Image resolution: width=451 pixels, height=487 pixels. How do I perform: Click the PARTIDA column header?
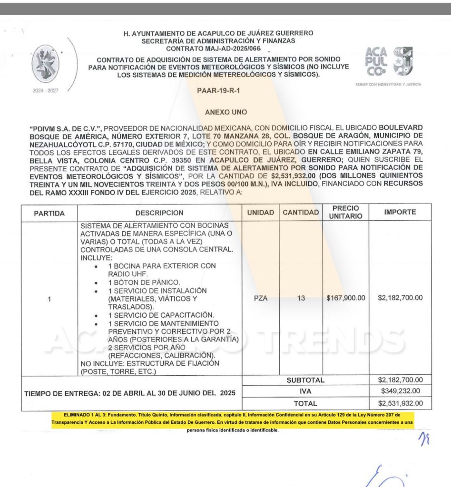pyautogui.click(x=49, y=213)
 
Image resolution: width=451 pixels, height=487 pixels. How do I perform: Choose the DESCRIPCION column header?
pyautogui.click(x=159, y=213)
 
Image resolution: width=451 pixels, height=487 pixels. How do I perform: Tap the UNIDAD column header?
pyautogui.click(x=260, y=213)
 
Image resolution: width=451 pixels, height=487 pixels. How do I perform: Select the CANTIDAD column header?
pyautogui.click(x=301, y=213)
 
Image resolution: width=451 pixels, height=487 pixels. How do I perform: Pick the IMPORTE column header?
pyautogui.click(x=400, y=212)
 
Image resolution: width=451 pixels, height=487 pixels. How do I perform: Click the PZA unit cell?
pyautogui.click(x=261, y=299)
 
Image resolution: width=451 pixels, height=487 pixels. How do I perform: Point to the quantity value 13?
pyautogui.click(x=301, y=299)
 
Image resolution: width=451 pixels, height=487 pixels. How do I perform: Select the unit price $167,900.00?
pyautogui.click(x=346, y=299)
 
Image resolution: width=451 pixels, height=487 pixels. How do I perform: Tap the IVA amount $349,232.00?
pyautogui.click(x=400, y=391)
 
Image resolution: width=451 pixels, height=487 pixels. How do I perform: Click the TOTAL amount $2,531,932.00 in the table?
pyautogui.click(x=400, y=404)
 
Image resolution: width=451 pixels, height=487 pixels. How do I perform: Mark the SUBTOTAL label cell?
pyautogui.click(x=305, y=380)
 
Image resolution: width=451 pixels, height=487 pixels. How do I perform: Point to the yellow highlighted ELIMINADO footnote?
pyautogui.click(x=232, y=422)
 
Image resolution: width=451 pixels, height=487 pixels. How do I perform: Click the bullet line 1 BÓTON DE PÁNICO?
pyautogui.click(x=144, y=282)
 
